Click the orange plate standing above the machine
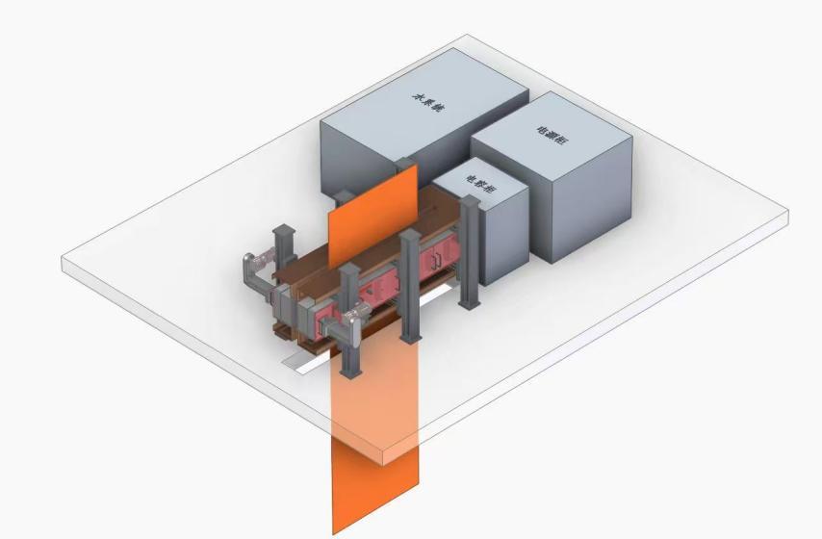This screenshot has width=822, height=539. pos(373,219)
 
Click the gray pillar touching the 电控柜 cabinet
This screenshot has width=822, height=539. pos(469,250)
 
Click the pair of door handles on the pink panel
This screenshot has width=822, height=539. pos(437,257)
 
